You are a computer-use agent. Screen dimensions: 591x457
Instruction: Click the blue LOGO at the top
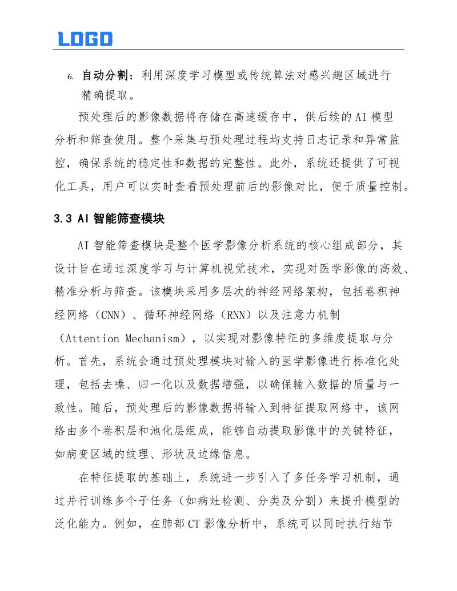click(85, 39)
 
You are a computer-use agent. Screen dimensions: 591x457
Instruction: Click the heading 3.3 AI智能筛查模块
click(109, 218)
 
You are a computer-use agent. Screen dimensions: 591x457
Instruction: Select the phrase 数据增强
click(220, 384)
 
